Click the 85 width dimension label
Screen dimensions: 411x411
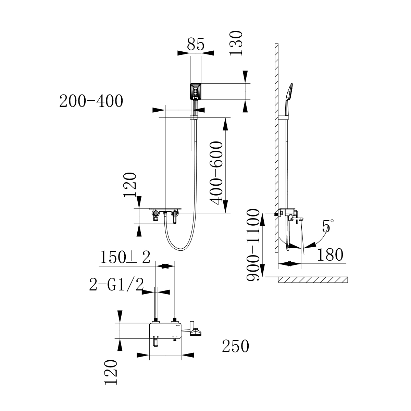tap(196, 45)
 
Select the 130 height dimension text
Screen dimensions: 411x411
tap(236, 43)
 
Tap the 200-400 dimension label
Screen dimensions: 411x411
tap(91, 101)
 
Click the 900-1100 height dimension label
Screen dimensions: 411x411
tap(254, 245)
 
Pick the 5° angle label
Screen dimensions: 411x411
tap(327, 226)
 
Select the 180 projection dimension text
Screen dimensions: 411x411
tap(329, 255)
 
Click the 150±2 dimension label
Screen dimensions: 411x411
tap(125, 258)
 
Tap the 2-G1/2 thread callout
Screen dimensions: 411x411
tap(116, 284)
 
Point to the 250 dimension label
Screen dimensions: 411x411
tap(235, 346)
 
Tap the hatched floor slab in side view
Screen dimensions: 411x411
tap(313, 280)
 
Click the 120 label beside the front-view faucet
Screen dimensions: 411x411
tap(131, 185)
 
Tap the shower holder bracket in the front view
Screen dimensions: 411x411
tap(194, 119)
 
